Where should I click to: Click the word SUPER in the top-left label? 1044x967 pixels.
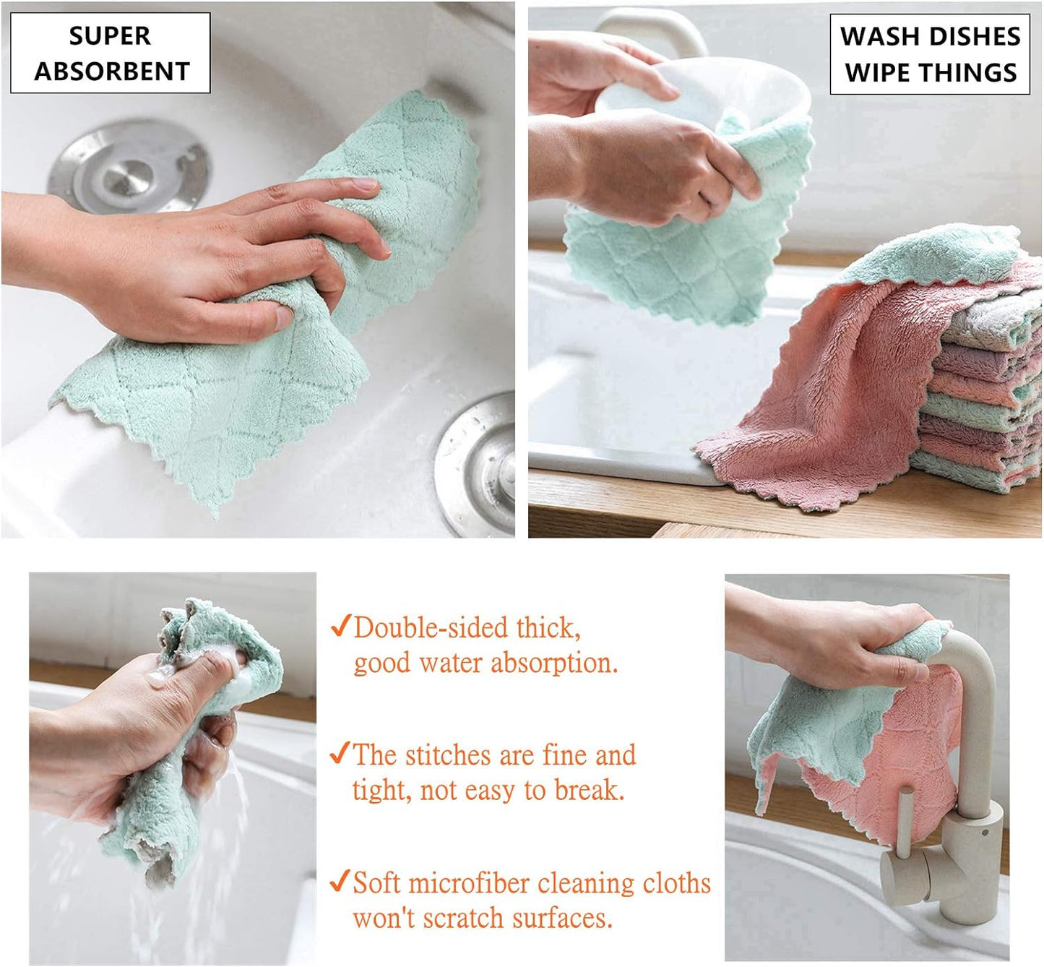[110, 35]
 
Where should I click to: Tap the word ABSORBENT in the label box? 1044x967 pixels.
[112, 72]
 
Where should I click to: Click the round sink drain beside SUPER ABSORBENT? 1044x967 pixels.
[129, 167]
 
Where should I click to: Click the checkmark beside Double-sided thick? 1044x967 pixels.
[340, 626]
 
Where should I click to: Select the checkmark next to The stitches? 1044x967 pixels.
[340, 753]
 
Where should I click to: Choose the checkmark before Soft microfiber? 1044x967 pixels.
[340, 881]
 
